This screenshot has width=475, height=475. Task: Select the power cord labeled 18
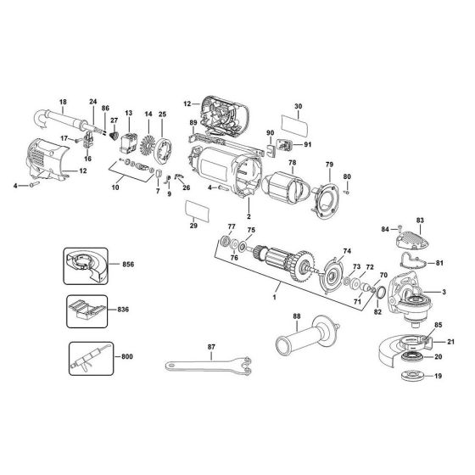tap(64, 115)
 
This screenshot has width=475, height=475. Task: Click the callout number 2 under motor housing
tap(249, 205)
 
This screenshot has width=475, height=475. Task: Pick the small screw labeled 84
tap(387, 227)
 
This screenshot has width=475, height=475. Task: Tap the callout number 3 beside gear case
tap(444, 293)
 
